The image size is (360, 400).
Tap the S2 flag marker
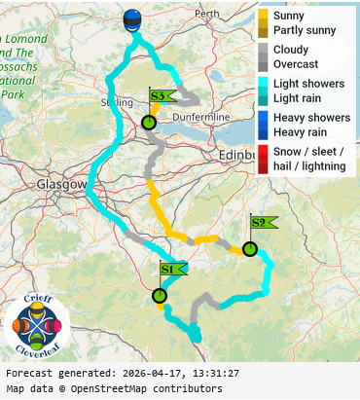click(263, 222)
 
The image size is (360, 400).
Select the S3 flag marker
click(162, 95)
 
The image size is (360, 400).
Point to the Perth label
click(206, 15)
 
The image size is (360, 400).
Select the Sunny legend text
click(289, 16)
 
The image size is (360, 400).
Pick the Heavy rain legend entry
click(299, 131)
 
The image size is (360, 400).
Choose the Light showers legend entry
click(308, 84)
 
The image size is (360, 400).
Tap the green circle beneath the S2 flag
click(250, 248)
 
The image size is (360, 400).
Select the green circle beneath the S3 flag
click(149, 123)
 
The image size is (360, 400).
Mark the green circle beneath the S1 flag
click(160, 295)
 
